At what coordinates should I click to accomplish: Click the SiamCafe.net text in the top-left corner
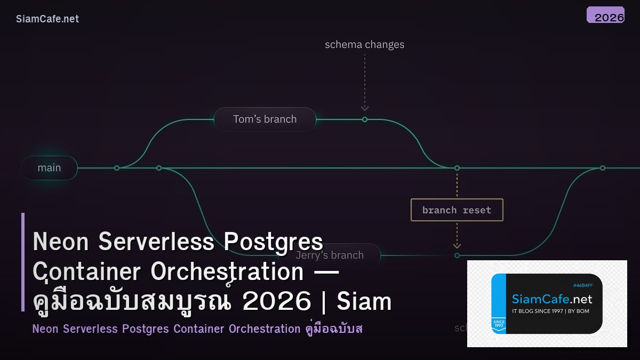[47, 19]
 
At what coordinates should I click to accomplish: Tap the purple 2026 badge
[605, 15]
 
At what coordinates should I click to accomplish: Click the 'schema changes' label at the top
[364, 45]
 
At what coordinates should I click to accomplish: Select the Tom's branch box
[265, 119]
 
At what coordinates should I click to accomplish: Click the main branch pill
[49, 167]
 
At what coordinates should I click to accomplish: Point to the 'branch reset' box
[457, 210]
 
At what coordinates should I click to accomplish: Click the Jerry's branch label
[330, 255]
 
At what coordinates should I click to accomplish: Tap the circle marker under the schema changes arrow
[365, 119]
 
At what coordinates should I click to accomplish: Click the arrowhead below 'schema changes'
[365, 108]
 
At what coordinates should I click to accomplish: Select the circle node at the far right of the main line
[602, 168]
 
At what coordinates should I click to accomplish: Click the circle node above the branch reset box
[457, 168]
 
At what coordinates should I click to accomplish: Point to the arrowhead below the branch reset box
[457, 246]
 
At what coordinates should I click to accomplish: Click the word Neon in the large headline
[60, 242]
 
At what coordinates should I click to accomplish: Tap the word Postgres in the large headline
[273, 242]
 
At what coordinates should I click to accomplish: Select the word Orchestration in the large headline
[227, 272]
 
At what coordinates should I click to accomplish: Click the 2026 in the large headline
[276, 302]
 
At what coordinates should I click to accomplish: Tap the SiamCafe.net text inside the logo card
[552, 299]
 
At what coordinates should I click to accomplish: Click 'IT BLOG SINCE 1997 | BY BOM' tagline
[550, 311]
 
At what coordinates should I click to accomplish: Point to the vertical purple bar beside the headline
[23, 262]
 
